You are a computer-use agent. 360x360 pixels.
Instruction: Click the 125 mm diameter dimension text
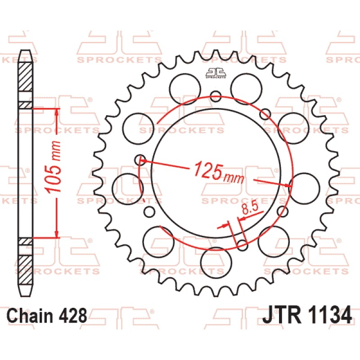(x=219, y=172)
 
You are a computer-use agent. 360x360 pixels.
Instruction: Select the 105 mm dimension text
(x=53, y=166)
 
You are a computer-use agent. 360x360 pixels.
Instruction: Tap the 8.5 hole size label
(x=250, y=208)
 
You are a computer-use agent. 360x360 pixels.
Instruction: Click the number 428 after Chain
(x=73, y=315)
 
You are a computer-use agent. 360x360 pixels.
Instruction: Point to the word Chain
(x=30, y=315)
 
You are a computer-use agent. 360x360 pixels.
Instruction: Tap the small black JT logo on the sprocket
(x=216, y=73)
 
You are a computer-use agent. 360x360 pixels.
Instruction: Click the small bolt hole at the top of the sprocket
(x=216, y=96)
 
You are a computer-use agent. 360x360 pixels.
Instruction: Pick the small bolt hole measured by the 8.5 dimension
(x=243, y=245)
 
